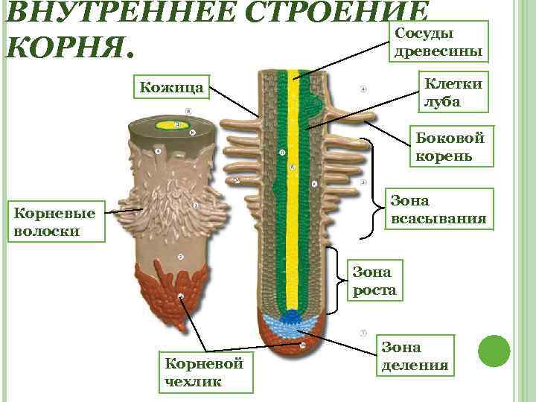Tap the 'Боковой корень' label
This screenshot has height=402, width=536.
point(449,147)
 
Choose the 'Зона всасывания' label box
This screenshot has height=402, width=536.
point(439,209)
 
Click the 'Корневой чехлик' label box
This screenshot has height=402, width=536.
point(205,372)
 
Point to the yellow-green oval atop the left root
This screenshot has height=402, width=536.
point(178,125)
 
